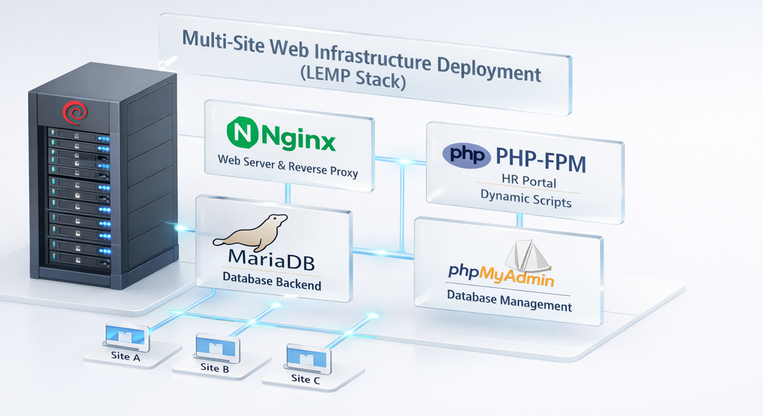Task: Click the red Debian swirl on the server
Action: pyautogui.click(x=74, y=113)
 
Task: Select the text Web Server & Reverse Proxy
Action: pyautogui.click(x=288, y=165)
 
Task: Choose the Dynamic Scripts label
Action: pyautogui.click(x=526, y=200)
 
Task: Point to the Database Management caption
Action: pyautogui.click(x=509, y=301)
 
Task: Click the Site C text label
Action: pyautogui.click(x=305, y=379)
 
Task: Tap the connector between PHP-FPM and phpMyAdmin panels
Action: pyautogui.click(x=519, y=219)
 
